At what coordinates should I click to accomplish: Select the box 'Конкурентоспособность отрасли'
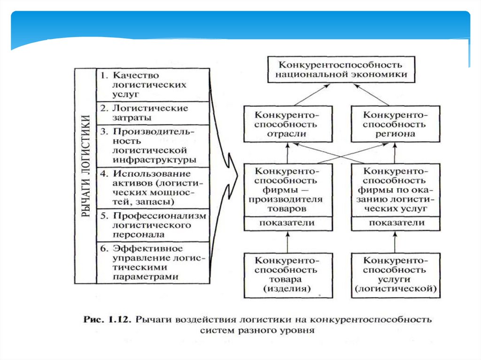click(x=287, y=124)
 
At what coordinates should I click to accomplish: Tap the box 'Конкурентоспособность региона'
click(x=395, y=124)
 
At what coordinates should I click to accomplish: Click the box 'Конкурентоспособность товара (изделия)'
click(x=287, y=276)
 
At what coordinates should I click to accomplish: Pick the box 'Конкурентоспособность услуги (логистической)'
click(x=395, y=276)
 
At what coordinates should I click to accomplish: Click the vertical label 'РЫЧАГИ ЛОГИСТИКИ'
click(x=85, y=176)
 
